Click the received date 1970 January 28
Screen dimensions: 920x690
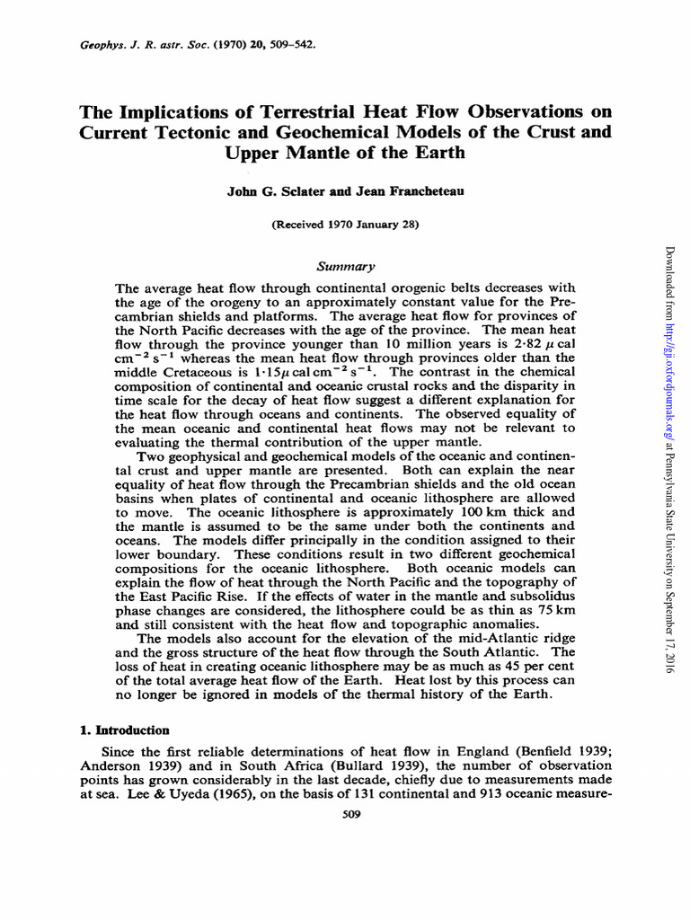coord(355,226)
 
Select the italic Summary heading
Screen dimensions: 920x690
coord(345,266)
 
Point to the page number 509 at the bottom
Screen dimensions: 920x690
coord(345,814)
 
